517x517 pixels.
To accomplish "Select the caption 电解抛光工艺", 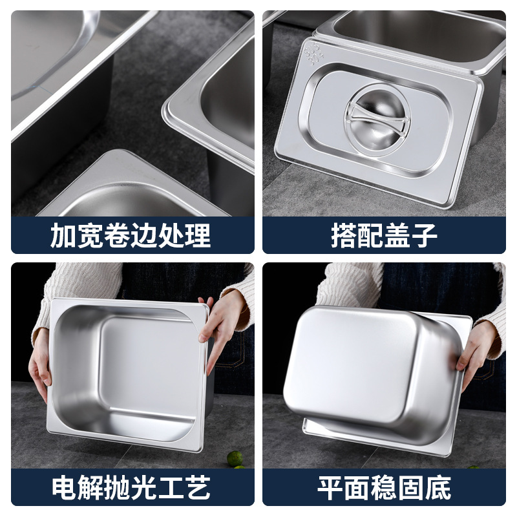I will pos(131,488).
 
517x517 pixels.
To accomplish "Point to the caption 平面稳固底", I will pos(384,488).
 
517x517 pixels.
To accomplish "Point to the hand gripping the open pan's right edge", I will pos(216,330).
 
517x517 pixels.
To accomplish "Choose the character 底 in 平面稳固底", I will pos(438,488).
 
